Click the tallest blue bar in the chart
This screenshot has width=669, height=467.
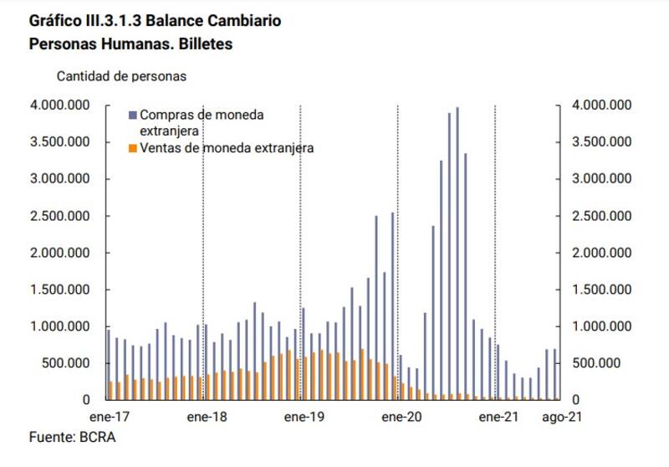457,251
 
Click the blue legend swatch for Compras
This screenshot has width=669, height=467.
134,115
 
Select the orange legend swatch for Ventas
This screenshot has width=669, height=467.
134,148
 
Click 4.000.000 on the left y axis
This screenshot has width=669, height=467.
60,105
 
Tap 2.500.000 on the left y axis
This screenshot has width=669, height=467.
60,216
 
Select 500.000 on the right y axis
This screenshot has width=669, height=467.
597,363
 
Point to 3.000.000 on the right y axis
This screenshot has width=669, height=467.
601,179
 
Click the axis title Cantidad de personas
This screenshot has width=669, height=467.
121,75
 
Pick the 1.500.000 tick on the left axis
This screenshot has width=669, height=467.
60,290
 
